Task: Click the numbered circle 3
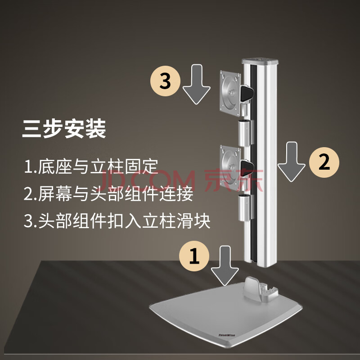(165, 81)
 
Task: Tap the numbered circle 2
(324, 162)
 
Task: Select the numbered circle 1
(194, 256)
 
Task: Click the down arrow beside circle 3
(197, 85)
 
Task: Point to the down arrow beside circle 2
(292, 162)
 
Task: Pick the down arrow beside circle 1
(225, 265)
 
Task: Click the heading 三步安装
(64, 129)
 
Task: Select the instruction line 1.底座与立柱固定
(91, 166)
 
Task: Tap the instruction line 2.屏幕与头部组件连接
(108, 193)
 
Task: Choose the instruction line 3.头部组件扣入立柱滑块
(117, 221)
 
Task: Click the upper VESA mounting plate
(230, 93)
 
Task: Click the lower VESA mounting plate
(230, 167)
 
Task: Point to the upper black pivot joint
(247, 93)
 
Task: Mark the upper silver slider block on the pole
(246, 133)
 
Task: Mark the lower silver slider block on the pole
(246, 208)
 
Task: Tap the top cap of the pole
(260, 61)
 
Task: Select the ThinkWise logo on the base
(227, 335)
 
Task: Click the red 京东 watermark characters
(234, 180)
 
